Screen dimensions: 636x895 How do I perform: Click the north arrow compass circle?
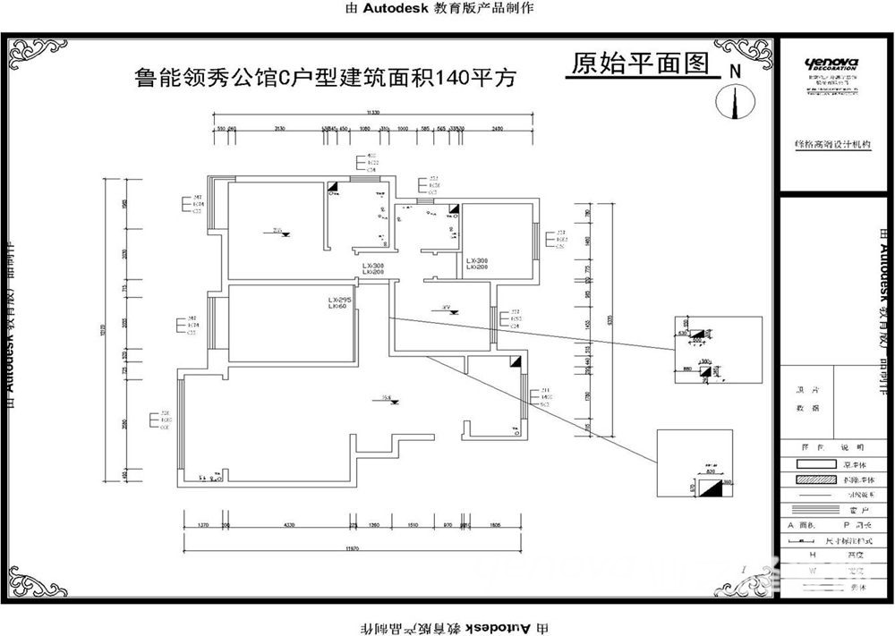734,101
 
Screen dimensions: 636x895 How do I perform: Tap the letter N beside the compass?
736,70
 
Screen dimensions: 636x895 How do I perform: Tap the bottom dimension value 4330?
289,525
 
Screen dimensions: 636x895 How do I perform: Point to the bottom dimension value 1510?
414,525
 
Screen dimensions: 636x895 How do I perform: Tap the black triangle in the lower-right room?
515,362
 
